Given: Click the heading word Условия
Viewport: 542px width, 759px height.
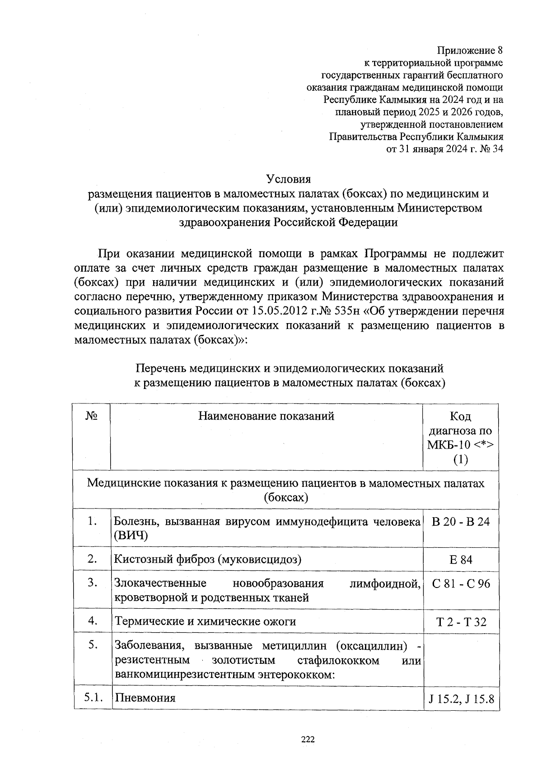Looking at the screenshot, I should pos(289,179).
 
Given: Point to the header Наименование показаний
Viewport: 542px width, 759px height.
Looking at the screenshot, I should pos(266,416).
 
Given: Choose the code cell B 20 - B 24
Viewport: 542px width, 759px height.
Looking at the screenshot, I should pos(461,522).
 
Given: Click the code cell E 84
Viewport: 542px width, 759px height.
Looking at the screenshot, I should pos(461,560).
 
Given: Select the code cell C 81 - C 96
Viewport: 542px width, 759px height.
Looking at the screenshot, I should pos(461,584).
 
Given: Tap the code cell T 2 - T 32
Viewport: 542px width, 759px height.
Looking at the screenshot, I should pos(461,622).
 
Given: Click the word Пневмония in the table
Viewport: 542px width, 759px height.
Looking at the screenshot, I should pos(145,698).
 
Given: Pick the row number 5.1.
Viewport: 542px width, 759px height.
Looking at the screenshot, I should pos(94,697).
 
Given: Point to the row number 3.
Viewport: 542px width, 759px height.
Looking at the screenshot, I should pos(93,583).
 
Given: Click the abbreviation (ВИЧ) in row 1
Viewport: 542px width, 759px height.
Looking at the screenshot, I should pos(131,536).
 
